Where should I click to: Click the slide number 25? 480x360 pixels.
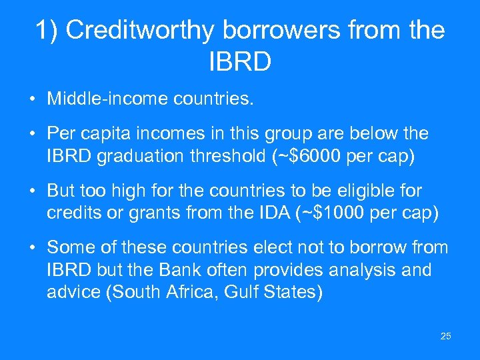(x=445, y=336)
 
